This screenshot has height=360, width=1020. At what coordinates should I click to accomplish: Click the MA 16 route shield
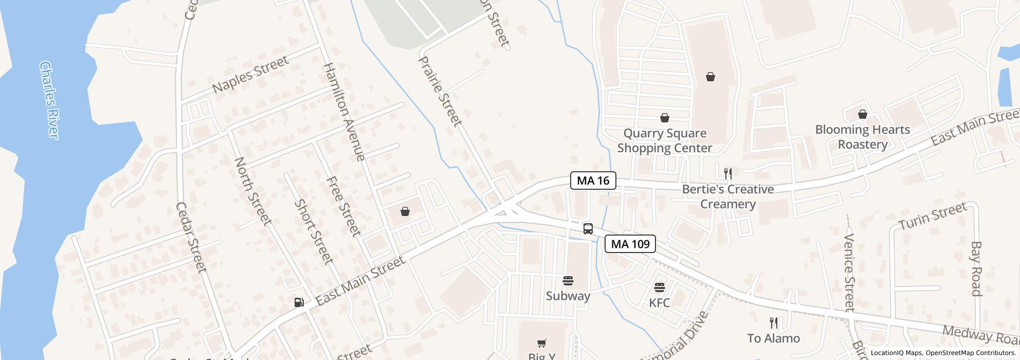pos(593,181)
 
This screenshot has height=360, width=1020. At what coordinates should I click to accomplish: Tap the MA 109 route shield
pos(630,244)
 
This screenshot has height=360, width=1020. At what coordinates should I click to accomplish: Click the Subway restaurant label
pos(568,296)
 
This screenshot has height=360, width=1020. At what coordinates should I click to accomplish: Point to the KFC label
pos(659,302)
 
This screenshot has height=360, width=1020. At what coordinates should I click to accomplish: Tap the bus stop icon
pos(588,229)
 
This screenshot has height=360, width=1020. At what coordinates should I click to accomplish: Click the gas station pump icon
pos(299,302)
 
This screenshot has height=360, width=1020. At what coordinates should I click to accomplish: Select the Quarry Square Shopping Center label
pos(664,140)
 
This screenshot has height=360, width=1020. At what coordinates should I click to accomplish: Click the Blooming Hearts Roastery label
pos(862,137)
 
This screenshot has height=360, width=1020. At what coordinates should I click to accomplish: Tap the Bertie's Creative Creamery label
pos(727,196)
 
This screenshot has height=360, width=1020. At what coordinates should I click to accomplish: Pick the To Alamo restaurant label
pos(773,338)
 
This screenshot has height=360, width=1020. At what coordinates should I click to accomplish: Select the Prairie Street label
pos(440,92)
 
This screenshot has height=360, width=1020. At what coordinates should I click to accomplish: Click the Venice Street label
pos(849,273)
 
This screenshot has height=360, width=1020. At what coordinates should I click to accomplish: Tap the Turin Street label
pos(933,216)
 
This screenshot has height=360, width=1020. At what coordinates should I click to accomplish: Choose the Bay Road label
pos(976,268)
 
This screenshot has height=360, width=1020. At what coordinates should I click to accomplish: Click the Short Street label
pos(313,232)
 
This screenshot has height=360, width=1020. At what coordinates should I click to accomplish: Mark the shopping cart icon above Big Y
pos(541,343)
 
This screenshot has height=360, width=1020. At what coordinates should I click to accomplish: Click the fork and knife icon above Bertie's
pos(727,173)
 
